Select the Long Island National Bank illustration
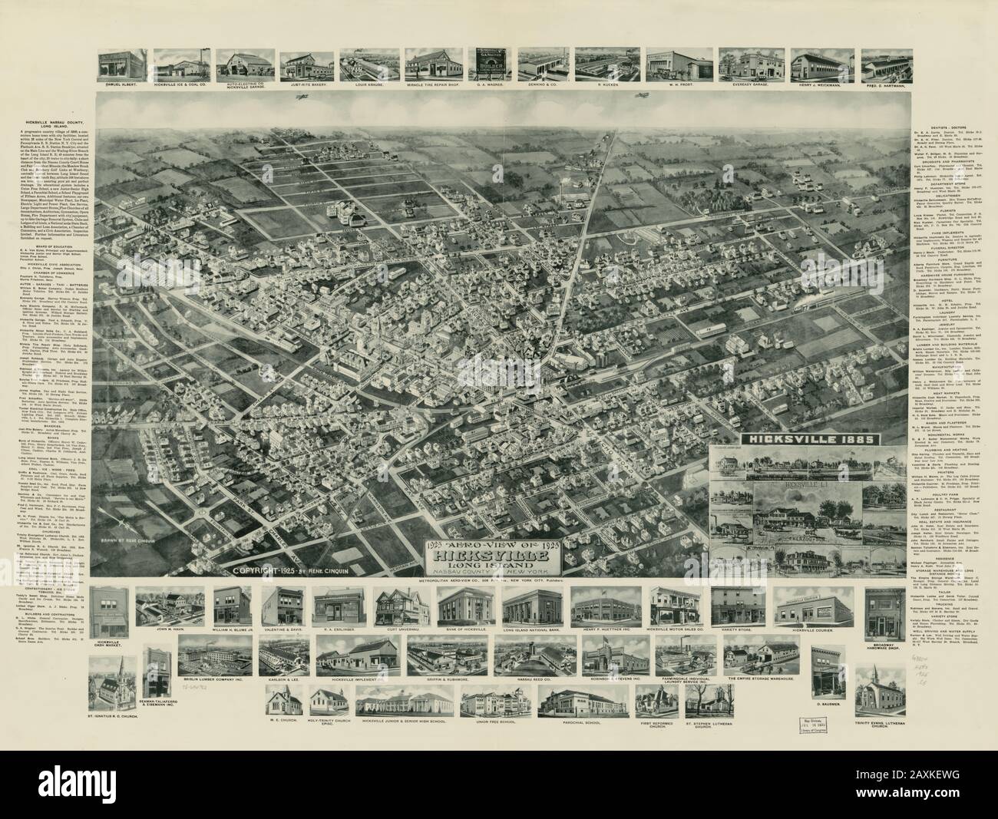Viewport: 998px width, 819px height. pyautogui.click(x=532, y=608)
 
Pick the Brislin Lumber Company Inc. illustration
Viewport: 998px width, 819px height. pyautogui.click(x=213, y=655)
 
